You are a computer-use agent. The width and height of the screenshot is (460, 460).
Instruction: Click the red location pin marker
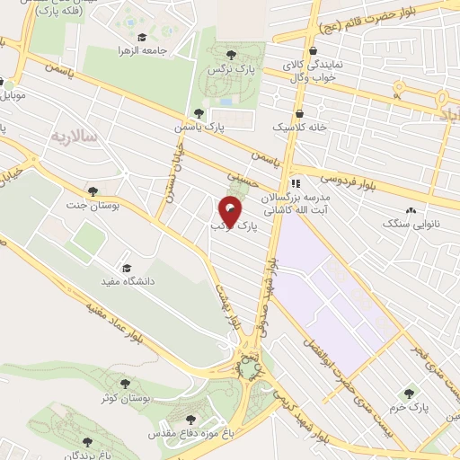tap(231, 213)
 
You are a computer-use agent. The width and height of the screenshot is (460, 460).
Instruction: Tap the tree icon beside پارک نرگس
tap(231, 55)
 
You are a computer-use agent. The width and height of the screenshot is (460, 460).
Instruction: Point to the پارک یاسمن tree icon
tap(208, 114)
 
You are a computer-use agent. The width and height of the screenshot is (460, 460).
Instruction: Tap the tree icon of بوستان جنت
tap(93, 190)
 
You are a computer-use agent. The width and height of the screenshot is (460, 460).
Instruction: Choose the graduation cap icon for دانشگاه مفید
tap(126, 269)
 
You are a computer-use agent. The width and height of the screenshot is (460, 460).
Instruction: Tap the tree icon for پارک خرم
tap(411, 393)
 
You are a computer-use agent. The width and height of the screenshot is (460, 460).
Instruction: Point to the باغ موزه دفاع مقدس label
tap(185, 434)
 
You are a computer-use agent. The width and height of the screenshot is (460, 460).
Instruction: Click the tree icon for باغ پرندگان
tap(87, 442)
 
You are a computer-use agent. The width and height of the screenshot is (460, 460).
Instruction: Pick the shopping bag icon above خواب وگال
tap(313, 51)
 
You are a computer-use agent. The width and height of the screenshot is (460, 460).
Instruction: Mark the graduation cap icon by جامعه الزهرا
tap(124, 51)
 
